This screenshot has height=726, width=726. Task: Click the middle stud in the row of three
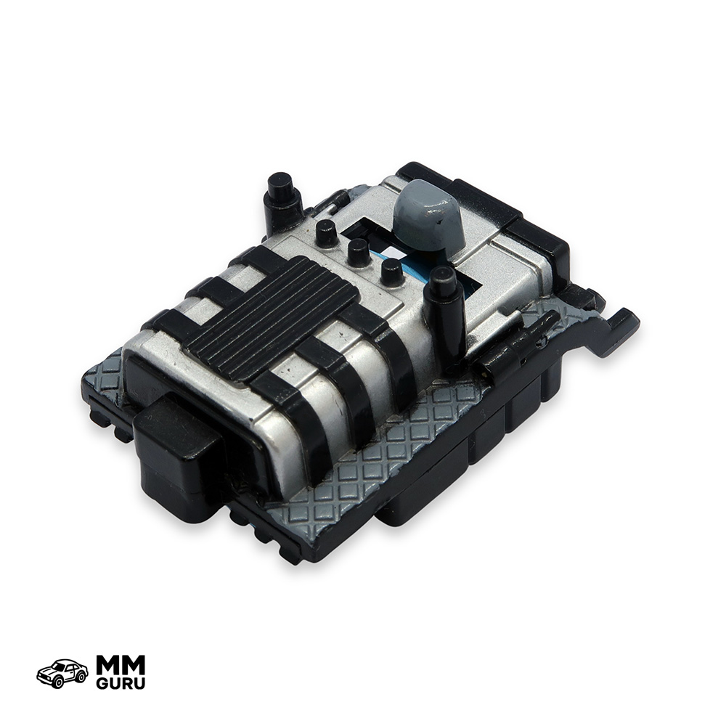[x=359, y=251]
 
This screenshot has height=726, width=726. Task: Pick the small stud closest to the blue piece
[x=392, y=272]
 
